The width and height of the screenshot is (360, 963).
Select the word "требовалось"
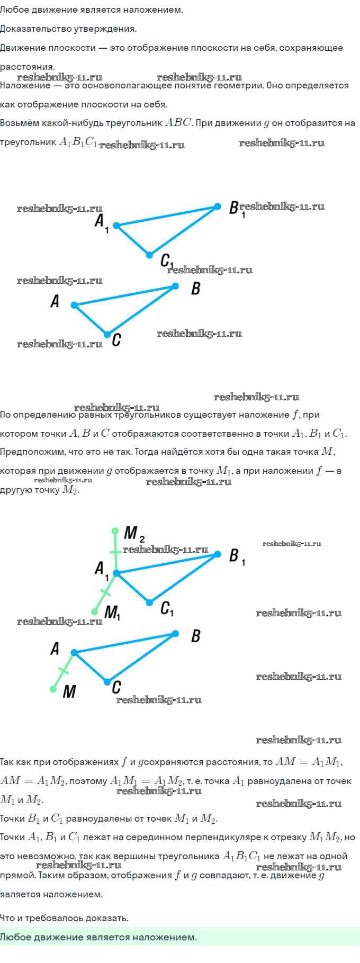(57, 918)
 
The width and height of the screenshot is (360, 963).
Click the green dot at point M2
(115, 530)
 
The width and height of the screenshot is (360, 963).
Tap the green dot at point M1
(95, 611)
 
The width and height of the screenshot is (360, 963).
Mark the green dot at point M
(53, 689)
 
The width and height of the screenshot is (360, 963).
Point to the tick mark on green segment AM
(64, 671)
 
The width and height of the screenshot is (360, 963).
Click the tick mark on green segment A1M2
(115, 552)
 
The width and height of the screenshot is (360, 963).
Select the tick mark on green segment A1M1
(105, 592)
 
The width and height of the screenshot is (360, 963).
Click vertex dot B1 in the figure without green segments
(217, 206)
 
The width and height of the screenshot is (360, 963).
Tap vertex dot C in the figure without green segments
(107, 335)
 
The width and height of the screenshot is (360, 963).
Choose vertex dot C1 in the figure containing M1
(149, 602)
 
